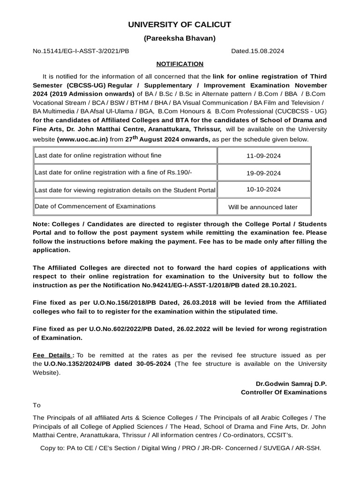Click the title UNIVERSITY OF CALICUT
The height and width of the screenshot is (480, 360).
(180, 25)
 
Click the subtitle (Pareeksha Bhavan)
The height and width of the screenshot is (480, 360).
(180, 38)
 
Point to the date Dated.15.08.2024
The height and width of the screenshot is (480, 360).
(257, 51)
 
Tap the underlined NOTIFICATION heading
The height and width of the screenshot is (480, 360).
(180, 64)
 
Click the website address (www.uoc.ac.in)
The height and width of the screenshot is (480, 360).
(82, 139)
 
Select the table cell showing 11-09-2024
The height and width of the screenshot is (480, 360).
(263, 156)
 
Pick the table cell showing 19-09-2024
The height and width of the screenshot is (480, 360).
(263, 173)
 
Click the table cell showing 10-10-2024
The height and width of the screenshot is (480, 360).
(263, 189)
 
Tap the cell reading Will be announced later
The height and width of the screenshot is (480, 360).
(262, 207)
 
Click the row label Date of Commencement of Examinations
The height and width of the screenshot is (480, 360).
(95, 206)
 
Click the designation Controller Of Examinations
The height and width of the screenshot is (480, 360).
(284, 392)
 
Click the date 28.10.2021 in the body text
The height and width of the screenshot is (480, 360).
(280, 285)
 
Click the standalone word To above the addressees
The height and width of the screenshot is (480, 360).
(37, 405)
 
